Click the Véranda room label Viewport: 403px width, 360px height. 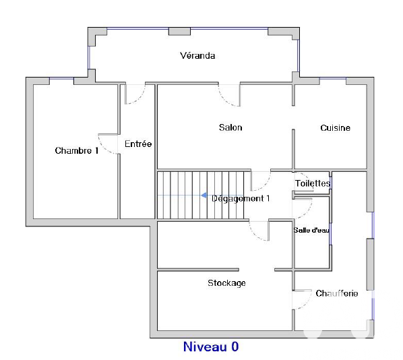pos(197,56)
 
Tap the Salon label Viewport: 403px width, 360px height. pos(230,127)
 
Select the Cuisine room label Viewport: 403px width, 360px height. pos(335,128)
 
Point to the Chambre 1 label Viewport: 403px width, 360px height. pos(76,151)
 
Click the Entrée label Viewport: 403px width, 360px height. pos(138,144)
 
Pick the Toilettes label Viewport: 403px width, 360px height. pos(313,183)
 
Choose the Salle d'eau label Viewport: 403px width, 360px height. pos(311,230)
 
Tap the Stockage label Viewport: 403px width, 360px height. pos(226,283)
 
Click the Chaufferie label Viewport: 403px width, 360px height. pos(336,294)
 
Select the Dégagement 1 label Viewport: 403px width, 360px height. pos(241,198)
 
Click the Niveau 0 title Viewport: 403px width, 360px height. pos(211,347)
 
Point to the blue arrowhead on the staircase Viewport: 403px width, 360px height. pos(204,196)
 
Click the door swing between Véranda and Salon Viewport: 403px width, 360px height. pos(229,95)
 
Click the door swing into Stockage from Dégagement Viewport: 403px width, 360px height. pos(258,231)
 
